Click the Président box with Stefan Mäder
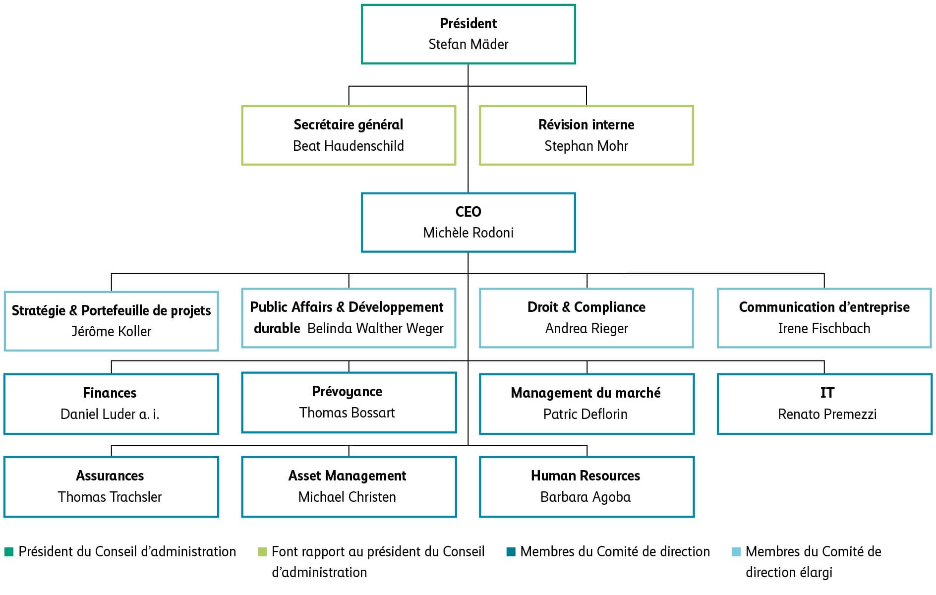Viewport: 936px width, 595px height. coord(468,34)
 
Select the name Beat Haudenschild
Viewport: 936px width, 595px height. coord(348,146)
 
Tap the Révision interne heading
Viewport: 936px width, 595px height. coord(586,124)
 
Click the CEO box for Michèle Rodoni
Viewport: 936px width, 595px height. coord(468,222)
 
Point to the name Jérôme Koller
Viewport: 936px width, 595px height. coord(111,331)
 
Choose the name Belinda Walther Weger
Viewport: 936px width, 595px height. coord(375,328)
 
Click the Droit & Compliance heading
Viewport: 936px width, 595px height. coord(586,307)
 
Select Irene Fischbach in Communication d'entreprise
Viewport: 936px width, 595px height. coord(824,328)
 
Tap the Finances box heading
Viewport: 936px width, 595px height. coord(110,393)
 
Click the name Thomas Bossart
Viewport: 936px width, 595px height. coord(347,413)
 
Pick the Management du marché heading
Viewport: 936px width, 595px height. coord(585,393)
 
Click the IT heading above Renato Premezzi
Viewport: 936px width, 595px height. coord(827,393)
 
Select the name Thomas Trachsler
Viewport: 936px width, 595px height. coord(110,497)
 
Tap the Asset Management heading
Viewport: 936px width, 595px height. coord(347,476)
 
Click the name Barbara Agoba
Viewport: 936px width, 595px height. coord(585,497)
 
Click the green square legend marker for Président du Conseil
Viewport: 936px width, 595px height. coord(9,552)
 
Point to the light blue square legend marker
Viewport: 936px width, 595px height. coord(736,552)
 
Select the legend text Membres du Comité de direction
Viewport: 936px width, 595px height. coord(615,551)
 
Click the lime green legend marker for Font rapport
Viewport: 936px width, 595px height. coord(262,552)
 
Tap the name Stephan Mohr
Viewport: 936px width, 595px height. coord(586,146)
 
